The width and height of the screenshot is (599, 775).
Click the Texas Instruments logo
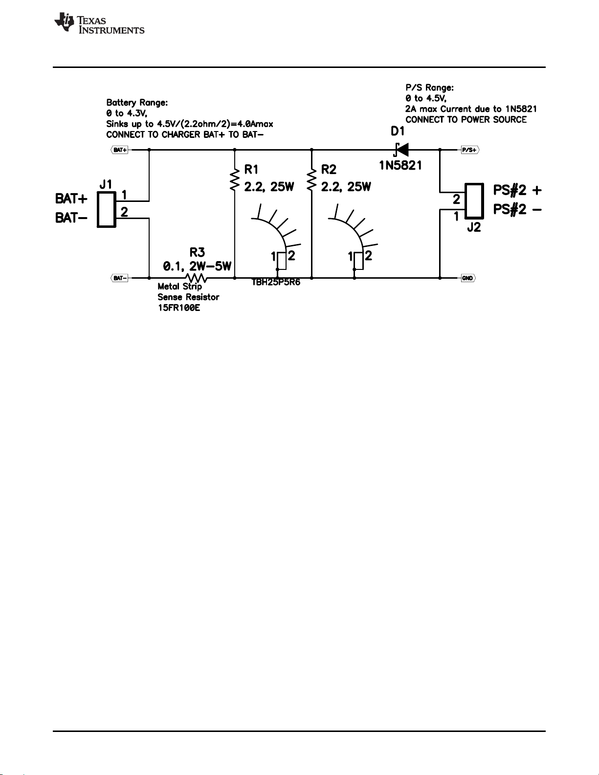(x=99, y=23)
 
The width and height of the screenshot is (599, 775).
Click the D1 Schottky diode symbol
(x=401, y=150)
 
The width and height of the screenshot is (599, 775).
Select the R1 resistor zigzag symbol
(x=235, y=180)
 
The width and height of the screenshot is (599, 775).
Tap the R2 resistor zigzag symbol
(x=311, y=180)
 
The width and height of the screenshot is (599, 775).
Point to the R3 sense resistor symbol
(x=196, y=278)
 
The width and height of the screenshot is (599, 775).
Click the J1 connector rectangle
(x=107, y=209)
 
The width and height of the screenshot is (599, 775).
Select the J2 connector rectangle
(x=474, y=201)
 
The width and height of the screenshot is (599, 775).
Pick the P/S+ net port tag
(x=470, y=150)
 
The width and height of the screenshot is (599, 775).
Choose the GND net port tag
(x=468, y=278)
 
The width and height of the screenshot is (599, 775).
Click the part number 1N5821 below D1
(x=400, y=165)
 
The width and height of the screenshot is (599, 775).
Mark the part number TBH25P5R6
(x=276, y=282)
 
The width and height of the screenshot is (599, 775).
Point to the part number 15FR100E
(x=179, y=308)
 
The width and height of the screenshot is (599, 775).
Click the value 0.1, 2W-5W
(x=197, y=266)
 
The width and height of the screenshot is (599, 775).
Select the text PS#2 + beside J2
(x=517, y=190)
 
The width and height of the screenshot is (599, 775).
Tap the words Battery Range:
(x=137, y=103)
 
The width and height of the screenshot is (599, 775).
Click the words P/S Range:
(x=430, y=88)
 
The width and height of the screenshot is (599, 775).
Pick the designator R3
(x=197, y=252)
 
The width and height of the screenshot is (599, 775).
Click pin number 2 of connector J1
(x=124, y=212)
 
